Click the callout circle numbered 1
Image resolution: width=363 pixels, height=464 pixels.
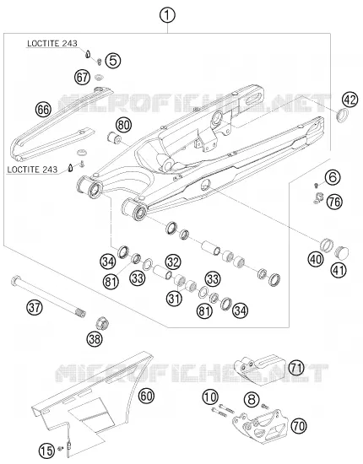click(167, 15)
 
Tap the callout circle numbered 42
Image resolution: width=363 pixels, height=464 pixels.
click(350, 100)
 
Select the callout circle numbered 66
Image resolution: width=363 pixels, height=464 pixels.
click(44, 110)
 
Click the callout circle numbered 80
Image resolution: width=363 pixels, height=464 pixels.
click(123, 125)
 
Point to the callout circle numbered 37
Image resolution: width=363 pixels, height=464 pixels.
click(35, 307)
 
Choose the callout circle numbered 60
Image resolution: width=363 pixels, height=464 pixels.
click(146, 396)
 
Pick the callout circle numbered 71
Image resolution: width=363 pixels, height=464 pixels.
click(296, 368)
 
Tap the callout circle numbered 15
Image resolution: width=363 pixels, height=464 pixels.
click(46, 451)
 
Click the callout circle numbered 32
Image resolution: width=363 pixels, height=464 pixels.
click(172, 262)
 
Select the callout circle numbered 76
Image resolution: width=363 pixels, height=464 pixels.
click(334, 202)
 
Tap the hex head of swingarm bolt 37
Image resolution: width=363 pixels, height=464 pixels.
click(15, 280)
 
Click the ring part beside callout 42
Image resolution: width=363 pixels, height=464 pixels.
click(343, 115)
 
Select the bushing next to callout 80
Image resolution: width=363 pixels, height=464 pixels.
click(114, 138)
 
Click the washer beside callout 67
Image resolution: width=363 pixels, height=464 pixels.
click(99, 78)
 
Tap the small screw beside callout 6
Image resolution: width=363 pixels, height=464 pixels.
click(316, 186)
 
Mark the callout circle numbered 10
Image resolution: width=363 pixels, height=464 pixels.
click(210, 397)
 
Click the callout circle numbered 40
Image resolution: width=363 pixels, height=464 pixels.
click(316, 259)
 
